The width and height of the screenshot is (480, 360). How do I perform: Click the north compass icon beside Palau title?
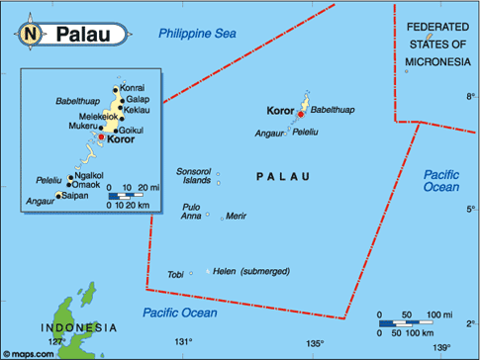pyautogui.click(x=30, y=35)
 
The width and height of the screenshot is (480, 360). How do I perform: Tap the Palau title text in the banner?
pyautogui.click(x=82, y=36)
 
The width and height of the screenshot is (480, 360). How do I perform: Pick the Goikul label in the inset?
pyautogui.click(x=133, y=130)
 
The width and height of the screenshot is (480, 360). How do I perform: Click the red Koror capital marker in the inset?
pyautogui.click(x=100, y=138)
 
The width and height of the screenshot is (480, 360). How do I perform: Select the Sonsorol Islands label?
pyautogui.click(x=193, y=176)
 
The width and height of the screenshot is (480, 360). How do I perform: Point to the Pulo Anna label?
pyautogui.click(x=191, y=211)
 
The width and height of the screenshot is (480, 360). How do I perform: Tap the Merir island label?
pyautogui.click(x=237, y=215)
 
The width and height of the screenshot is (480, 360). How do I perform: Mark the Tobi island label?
pyautogui.click(x=175, y=274)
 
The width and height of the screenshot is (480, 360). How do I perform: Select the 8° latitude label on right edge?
pyautogui.click(x=470, y=96)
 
